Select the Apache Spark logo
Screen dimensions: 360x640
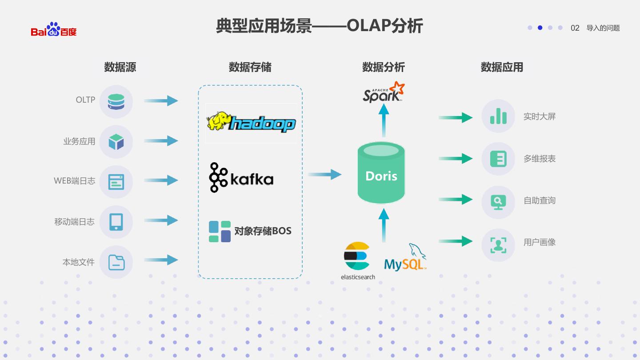pos(384,92)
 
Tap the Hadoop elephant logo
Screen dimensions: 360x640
pos(251,122)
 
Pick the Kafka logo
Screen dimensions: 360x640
pos(241,178)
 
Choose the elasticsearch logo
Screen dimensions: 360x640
pos(357,260)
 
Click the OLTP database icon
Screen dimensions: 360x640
pos(116,102)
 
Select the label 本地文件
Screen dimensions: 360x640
pos(79,262)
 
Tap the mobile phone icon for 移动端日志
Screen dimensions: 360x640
pos(116,222)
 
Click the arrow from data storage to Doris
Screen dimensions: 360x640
pos(325,175)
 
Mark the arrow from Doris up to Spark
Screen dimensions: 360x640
pos(384,120)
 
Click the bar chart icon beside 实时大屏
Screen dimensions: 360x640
pos(498,116)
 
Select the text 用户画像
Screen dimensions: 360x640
pos(540,242)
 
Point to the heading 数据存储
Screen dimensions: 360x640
pos(250,67)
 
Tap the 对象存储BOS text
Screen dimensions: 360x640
pos(263,231)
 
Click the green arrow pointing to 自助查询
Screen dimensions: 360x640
pos(456,199)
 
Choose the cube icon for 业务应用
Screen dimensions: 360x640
pos(116,142)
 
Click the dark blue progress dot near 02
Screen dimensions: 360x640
pos(540,28)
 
